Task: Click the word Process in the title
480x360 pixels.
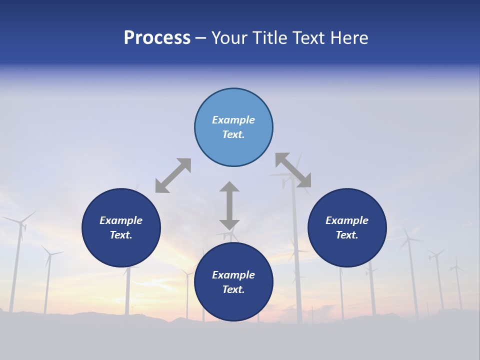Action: tap(157, 38)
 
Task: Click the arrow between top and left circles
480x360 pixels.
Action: tap(173, 175)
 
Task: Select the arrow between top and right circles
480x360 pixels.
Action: tap(293, 170)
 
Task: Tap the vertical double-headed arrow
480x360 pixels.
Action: tap(229, 205)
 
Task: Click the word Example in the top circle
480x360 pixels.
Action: tap(233, 120)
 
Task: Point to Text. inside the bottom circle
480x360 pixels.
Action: tap(233, 289)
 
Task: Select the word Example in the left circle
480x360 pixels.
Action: tap(121, 220)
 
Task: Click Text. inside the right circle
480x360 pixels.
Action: tap(347, 235)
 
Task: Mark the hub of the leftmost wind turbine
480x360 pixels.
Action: tap(21, 222)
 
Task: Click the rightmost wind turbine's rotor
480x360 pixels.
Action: tap(456, 268)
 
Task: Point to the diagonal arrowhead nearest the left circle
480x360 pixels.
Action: tap(161, 187)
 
